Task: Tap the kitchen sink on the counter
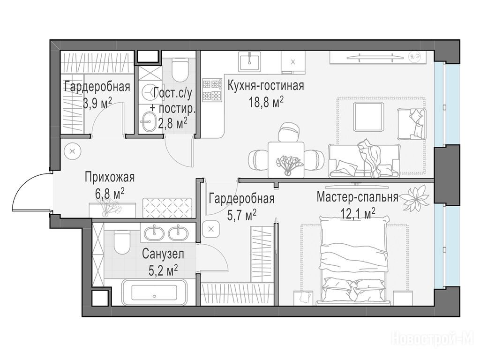click(x=250, y=61)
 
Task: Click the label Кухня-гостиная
click(x=265, y=86)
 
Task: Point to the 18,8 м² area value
click(x=266, y=102)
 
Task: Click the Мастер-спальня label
click(x=357, y=197)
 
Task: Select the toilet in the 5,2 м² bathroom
click(x=122, y=242)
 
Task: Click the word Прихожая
click(x=110, y=177)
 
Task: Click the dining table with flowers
click(x=286, y=159)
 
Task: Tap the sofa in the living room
click(x=364, y=160)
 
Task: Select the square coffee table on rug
click(x=368, y=117)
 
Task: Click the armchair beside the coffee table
click(x=412, y=123)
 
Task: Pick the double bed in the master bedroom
click(x=354, y=260)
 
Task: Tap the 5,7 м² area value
click(x=241, y=215)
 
